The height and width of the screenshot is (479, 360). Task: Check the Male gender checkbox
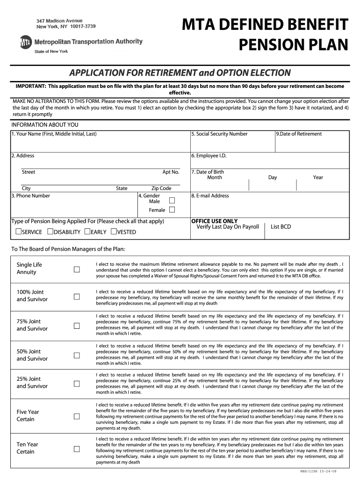click(x=172, y=200)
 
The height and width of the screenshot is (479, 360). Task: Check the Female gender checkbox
click(x=172, y=210)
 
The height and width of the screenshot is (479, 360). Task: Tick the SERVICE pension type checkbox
click(x=19, y=232)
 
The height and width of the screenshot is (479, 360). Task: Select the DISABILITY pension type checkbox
click(x=50, y=232)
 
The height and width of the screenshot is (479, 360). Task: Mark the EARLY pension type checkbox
click(x=87, y=232)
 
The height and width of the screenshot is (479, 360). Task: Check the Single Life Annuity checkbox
click(x=77, y=269)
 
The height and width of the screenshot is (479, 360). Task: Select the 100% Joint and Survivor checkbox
click(x=77, y=296)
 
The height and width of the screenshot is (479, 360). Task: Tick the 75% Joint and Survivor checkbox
click(x=77, y=326)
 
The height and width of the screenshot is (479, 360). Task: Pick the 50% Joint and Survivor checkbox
click(x=77, y=356)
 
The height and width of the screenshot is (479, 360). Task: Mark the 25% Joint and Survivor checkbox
click(x=77, y=384)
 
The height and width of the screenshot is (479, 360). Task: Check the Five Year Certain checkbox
click(x=77, y=416)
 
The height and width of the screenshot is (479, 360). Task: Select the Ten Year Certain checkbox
click(x=77, y=449)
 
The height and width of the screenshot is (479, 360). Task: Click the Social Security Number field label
click(x=219, y=134)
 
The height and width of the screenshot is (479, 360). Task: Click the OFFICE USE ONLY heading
click(x=214, y=221)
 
